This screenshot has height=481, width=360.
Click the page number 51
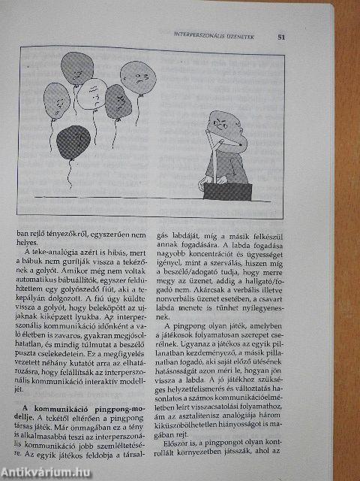click(x=280, y=35)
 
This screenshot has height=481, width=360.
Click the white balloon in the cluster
click(x=91, y=94)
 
